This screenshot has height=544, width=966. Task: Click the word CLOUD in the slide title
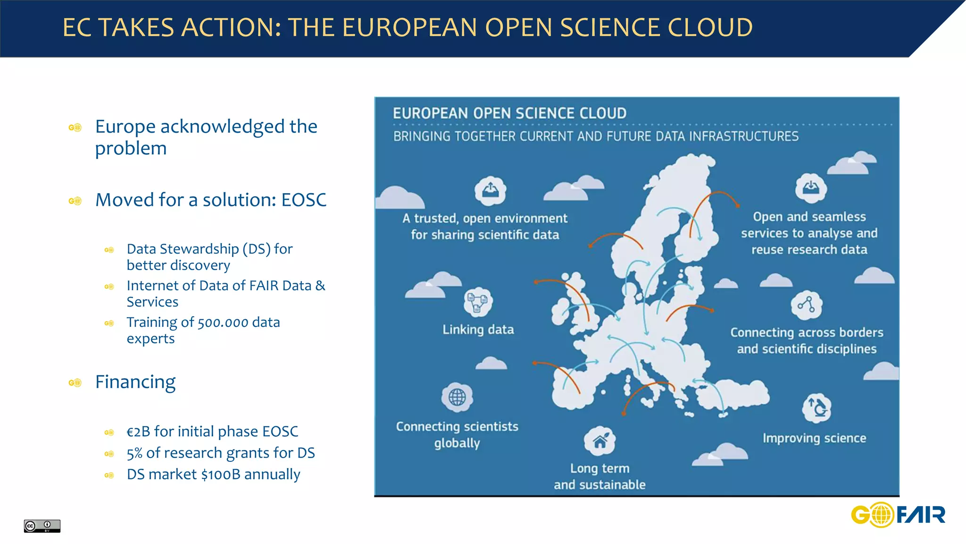pos(710,27)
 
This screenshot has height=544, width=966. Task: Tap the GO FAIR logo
pos(898,514)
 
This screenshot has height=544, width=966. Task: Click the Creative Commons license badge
pos(42,526)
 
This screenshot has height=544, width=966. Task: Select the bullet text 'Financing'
pos(135,382)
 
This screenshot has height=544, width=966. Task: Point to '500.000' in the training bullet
pos(223,323)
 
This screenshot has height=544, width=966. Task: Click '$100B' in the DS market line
pos(221,474)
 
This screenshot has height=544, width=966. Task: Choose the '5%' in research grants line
pos(134,453)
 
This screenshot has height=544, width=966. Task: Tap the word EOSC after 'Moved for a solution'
pos(304,200)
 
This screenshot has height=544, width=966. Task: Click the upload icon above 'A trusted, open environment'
pos(490,190)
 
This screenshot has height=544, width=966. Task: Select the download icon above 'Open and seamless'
pos(810,187)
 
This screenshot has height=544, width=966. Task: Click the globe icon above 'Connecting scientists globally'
pos(457,397)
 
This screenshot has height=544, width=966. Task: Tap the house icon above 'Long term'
pos(600,441)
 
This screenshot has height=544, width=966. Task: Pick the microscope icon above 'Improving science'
pos(816,408)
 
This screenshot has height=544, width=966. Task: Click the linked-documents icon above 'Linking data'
pos(478,302)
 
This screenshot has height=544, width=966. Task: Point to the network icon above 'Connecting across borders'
pos(806,305)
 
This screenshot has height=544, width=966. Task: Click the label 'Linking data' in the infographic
pos(478,329)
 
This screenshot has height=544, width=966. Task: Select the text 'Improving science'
pos(814,438)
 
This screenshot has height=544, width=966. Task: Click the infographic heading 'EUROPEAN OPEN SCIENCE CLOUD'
pos(509,113)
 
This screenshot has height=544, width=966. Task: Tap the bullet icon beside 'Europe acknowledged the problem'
pos(75,127)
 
